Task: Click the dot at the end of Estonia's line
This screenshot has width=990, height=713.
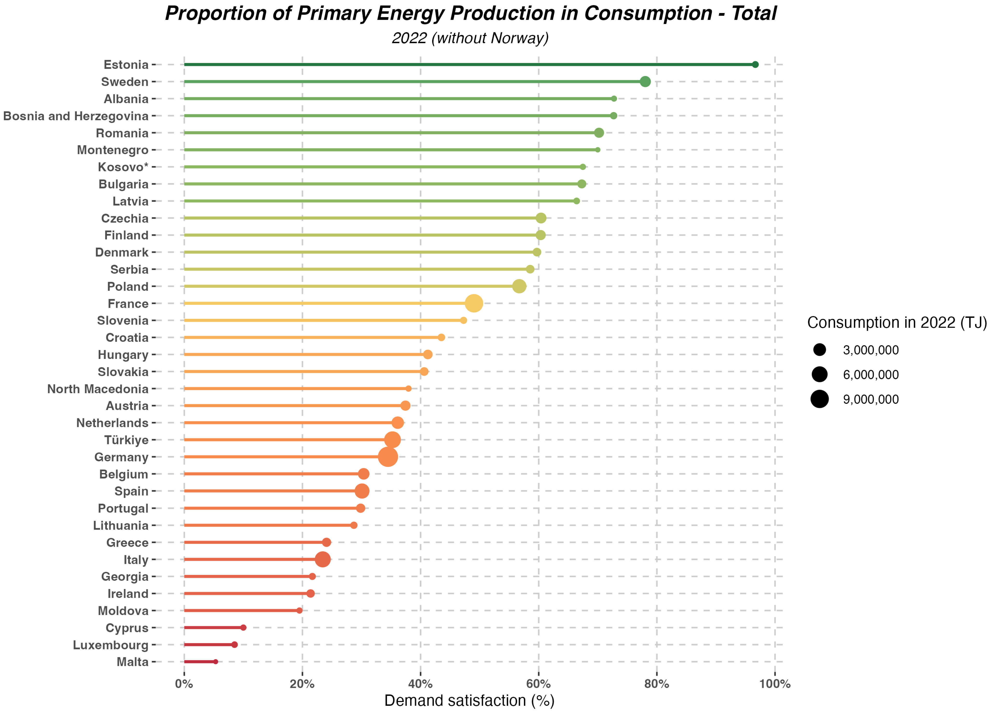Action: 755,65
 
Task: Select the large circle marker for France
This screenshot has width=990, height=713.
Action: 474,303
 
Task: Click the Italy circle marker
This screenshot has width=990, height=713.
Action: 323,559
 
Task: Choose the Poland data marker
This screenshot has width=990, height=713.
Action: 519,287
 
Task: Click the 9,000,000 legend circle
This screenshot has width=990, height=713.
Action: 820,399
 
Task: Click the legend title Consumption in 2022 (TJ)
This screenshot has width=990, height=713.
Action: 897,323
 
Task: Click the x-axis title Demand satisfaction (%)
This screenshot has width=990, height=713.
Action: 469,701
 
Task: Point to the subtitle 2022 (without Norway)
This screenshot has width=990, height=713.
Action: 470,38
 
